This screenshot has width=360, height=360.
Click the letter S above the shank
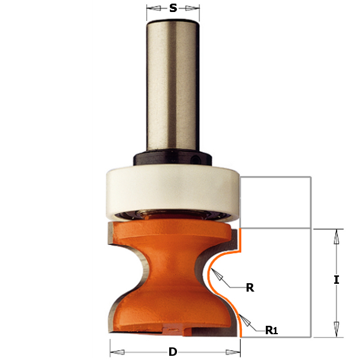coord(173,8)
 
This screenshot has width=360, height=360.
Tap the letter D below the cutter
coord(173,352)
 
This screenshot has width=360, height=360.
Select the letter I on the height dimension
coord(337,280)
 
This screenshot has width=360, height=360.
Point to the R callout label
coord(250,287)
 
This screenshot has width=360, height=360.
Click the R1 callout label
coord(271,330)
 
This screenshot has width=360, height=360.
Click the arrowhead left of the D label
coord(117,352)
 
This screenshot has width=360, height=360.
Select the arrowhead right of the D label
coord(233,352)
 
